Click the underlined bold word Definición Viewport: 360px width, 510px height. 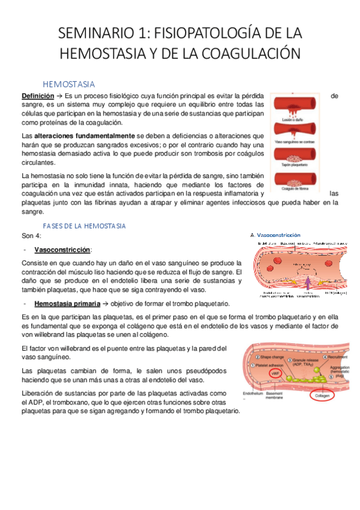click(x=37, y=96)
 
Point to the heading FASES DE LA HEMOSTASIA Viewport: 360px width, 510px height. click(x=84, y=226)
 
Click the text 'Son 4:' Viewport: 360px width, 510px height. click(x=31, y=235)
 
